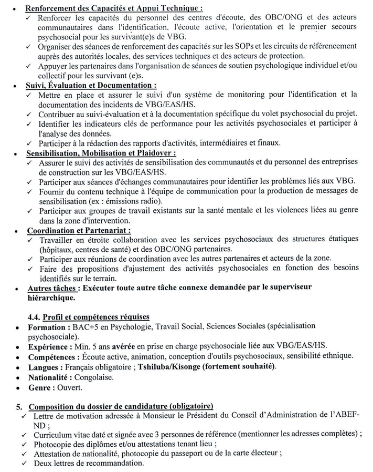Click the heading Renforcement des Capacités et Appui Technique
pos(114,9)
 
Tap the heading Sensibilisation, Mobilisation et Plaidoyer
pos(101,153)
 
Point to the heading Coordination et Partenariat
pos(79,230)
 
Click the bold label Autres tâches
pos(52,288)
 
